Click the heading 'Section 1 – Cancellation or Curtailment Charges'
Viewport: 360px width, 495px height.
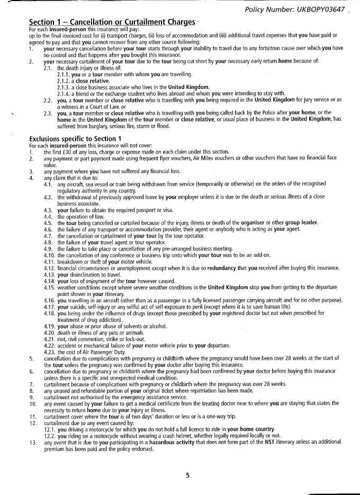tap(112, 22)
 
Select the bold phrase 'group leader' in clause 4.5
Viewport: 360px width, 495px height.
tap(291, 223)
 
